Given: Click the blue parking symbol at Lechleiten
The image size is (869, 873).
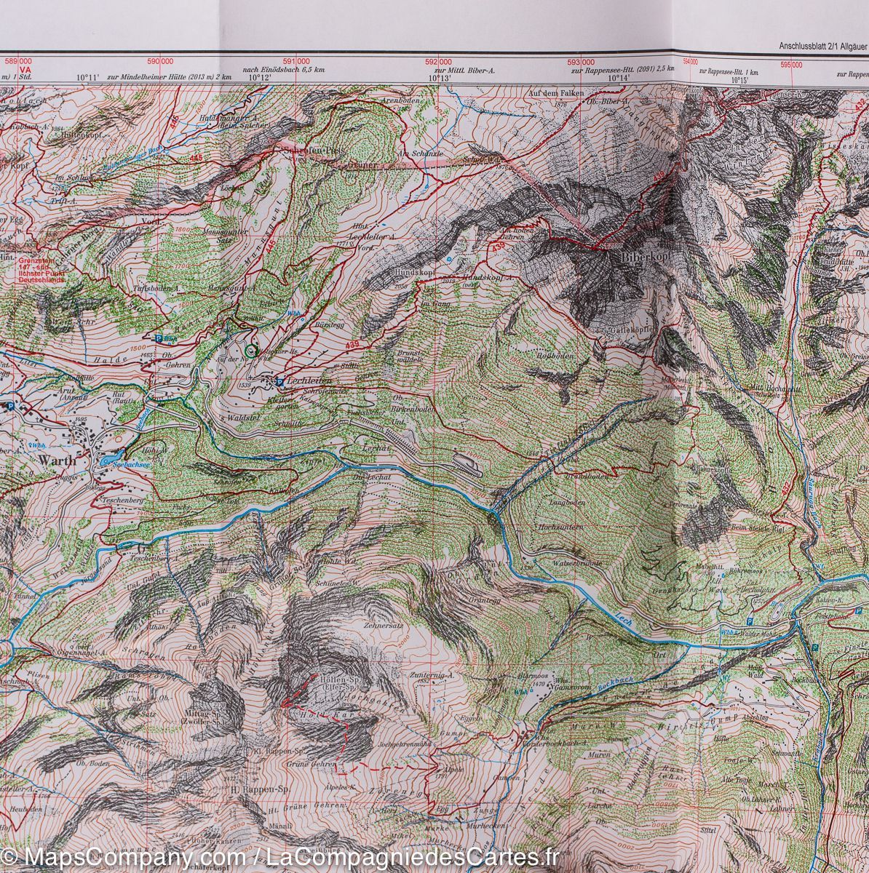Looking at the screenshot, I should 279,380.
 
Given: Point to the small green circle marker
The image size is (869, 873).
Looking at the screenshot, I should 251,351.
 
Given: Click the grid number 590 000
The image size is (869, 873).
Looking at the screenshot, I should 159,62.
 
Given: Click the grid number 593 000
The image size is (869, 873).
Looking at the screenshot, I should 585,62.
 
